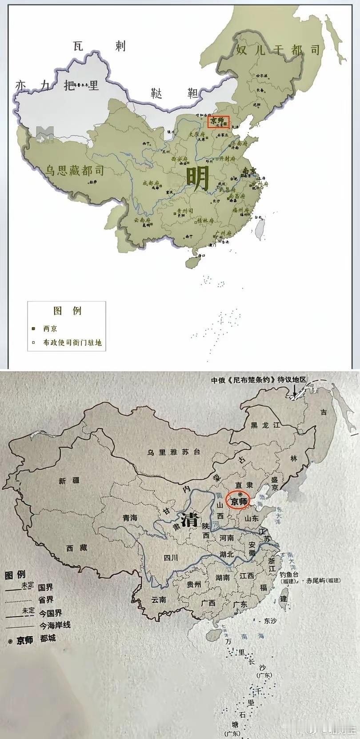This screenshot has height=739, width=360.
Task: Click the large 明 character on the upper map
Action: click(x=197, y=177)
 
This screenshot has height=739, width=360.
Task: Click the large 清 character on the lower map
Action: click(x=188, y=519)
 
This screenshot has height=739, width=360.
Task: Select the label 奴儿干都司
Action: click(x=278, y=50)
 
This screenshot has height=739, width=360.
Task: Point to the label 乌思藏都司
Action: click(x=74, y=170)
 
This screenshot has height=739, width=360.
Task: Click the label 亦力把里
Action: click(x=56, y=85)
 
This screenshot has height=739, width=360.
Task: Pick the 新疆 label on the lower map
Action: click(x=68, y=481)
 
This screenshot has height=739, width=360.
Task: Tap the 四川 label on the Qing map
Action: click(x=171, y=558)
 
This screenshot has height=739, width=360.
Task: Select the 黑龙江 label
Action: click(x=265, y=425)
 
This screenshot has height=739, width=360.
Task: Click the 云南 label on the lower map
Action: click(x=159, y=599)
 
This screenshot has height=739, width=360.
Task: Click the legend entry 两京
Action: click(x=50, y=329)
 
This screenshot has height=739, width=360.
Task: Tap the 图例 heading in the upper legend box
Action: click(x=67, y=311)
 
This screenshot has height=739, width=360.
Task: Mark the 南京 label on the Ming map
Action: click(x=249, y=170)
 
